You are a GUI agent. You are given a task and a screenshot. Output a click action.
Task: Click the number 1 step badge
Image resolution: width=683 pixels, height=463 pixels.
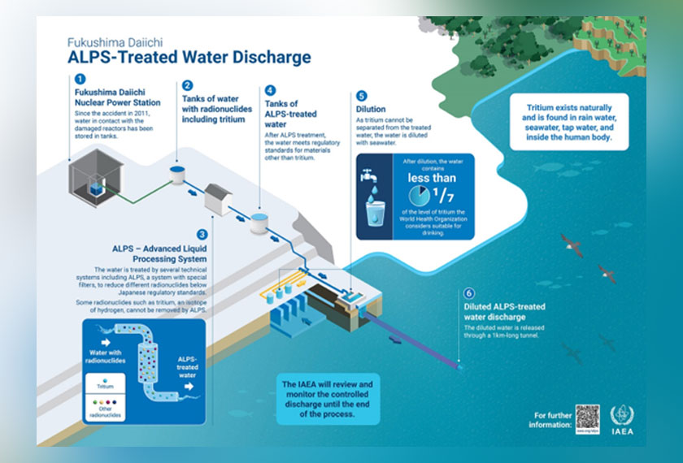[80, 80]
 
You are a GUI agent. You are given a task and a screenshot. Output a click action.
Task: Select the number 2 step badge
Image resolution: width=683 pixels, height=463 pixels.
[187, 84]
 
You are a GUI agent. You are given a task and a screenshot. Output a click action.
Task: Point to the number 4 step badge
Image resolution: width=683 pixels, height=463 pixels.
[271, 91]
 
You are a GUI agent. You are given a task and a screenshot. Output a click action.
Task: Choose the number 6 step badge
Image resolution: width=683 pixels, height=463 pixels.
[468, 293]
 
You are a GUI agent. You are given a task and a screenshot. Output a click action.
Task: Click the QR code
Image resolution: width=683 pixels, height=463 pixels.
[587, 418]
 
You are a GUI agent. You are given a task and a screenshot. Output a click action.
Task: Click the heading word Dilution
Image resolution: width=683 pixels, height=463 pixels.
[372, 108]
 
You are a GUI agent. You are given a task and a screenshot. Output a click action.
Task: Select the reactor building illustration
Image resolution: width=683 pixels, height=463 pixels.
[96, 171]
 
